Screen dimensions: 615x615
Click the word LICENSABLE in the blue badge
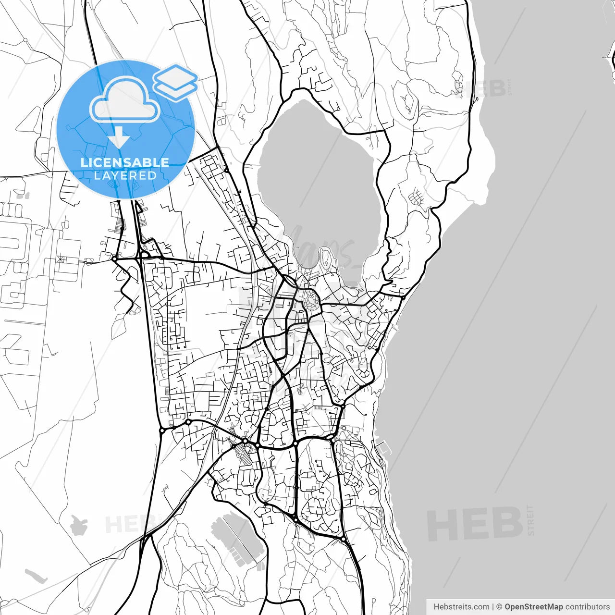click(125, 162)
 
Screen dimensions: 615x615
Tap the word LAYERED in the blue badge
click(125, 176)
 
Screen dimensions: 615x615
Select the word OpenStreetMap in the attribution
click(533, 607)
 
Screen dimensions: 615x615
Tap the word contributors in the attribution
click(587, 607)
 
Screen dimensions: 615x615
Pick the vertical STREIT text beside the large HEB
click(530, 520)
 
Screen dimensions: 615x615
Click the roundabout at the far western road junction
click(114, 259)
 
